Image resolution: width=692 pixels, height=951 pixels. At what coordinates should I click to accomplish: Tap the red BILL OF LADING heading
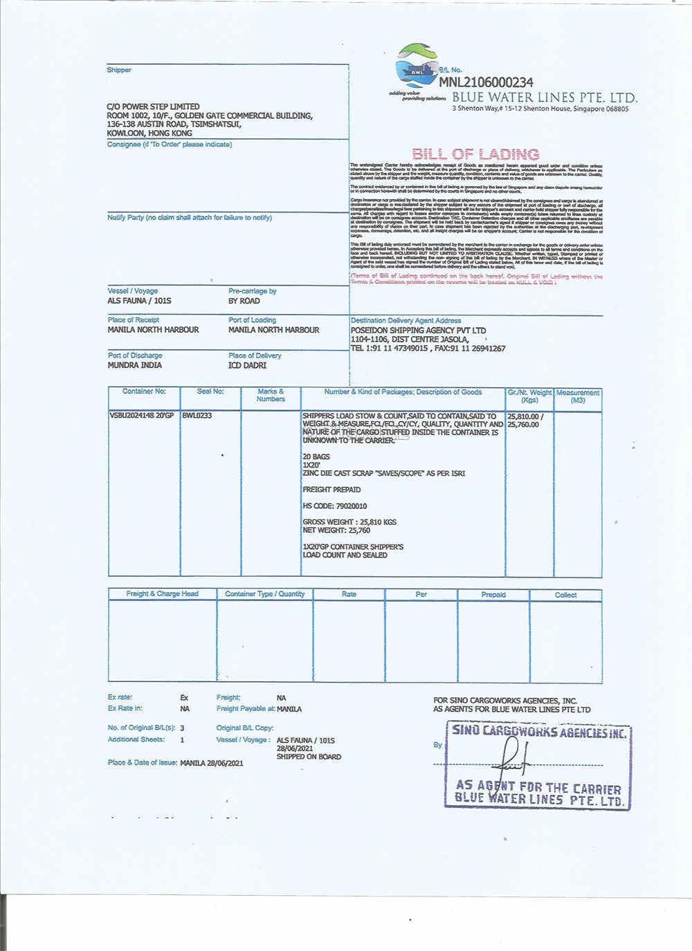pos(475,154)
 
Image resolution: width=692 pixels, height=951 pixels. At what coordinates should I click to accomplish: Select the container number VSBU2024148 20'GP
pos(142,416)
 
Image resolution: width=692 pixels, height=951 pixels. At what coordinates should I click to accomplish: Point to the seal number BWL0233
pos(197,416)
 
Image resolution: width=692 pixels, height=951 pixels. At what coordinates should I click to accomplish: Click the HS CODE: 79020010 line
pos(335,506)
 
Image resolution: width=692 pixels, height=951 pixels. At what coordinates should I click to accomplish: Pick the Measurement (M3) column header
pos(578,396)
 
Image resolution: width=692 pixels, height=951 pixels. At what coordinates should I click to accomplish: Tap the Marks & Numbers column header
pos(271,395)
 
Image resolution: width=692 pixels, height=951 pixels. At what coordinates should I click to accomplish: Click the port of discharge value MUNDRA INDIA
pos(135,365)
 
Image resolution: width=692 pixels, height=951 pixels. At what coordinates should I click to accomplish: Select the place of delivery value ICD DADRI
pos(248,365)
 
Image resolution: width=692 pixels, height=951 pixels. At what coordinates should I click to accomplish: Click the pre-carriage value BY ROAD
pos(244,301)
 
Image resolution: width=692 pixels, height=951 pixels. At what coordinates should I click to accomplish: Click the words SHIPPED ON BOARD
pos(309,757)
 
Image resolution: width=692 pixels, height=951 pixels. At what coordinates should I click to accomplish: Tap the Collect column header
pos(565,595)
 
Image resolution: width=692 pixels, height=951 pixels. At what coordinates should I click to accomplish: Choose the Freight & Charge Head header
pos(162,594)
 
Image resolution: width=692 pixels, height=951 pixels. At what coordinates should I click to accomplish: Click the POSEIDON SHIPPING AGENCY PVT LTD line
pos(418,331)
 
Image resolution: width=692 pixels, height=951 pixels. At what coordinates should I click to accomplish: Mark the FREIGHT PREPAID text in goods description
pos(331,490)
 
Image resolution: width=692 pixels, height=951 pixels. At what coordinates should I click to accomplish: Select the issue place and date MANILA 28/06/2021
pos(212,763)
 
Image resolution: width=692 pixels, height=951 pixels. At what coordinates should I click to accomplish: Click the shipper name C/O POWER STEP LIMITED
pos(153,107)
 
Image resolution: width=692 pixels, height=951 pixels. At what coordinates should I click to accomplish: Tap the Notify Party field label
pos(190,218)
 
